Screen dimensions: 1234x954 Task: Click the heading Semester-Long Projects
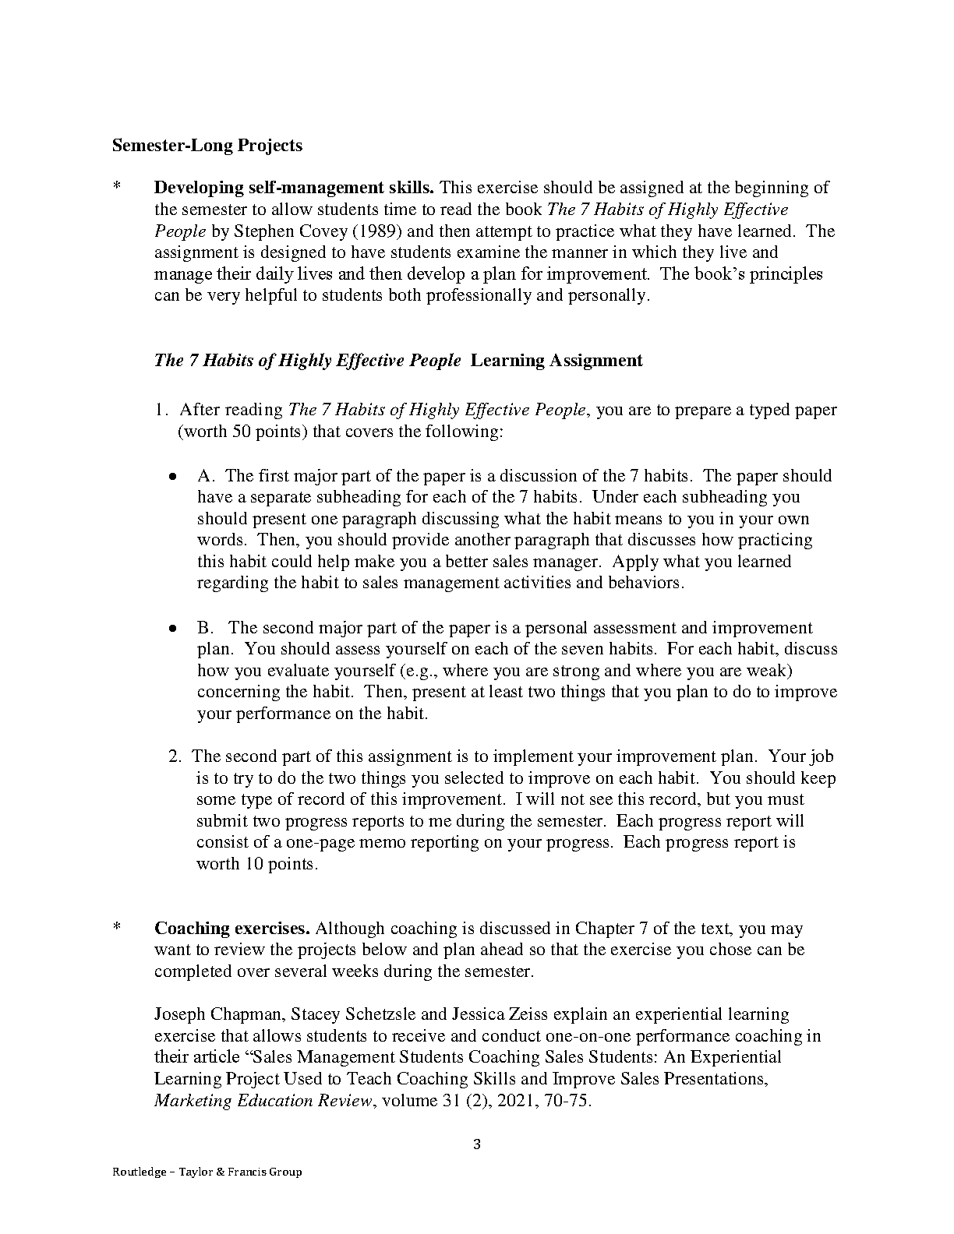(207, 145)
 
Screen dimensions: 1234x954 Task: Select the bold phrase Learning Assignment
(557, 360)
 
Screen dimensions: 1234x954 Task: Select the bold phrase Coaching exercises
(232, 929)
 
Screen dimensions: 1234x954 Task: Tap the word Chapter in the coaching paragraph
(605, 929)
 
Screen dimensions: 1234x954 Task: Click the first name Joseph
(180, 1014)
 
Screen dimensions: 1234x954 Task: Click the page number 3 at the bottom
(477, 1144)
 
